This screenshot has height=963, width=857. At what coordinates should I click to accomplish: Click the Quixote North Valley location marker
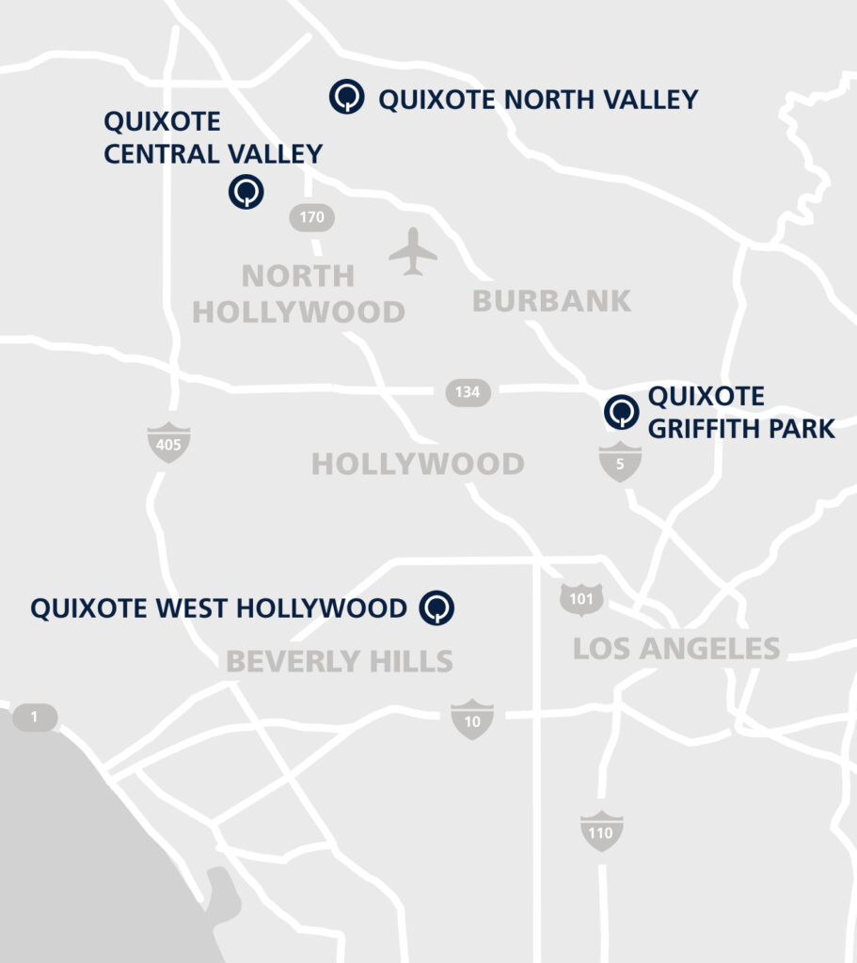pos(347,96)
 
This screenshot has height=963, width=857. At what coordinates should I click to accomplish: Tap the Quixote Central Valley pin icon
pos(246,192)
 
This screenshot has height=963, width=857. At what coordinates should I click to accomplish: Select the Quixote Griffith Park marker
pos(621,412)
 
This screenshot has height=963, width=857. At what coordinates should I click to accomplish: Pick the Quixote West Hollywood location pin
pos(437,607)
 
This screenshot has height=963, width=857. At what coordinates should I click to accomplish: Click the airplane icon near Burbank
pos(413,252)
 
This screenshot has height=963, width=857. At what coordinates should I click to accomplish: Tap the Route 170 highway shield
pos(311,218)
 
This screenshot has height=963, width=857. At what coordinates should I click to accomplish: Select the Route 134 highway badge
pos(468,391)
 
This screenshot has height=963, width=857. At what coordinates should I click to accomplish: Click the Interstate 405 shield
pos(169,443)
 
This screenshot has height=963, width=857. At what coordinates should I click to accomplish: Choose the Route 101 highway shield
pos(581,599)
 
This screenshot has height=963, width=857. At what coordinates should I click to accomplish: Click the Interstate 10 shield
pos(472,719)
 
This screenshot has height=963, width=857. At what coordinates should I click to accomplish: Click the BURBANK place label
pos(551,301)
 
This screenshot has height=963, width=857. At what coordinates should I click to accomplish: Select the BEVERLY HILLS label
pos(340,661)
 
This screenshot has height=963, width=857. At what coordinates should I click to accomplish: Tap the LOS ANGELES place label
pos(676,648)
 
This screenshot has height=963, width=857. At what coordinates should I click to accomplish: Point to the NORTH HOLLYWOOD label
pos(298,293)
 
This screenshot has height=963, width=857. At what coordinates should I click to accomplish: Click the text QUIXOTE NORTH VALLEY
pos(538,100)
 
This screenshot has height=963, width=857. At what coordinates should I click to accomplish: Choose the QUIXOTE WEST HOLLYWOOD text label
pos(218,608)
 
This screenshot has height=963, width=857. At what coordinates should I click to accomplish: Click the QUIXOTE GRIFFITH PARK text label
pos(741,412)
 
